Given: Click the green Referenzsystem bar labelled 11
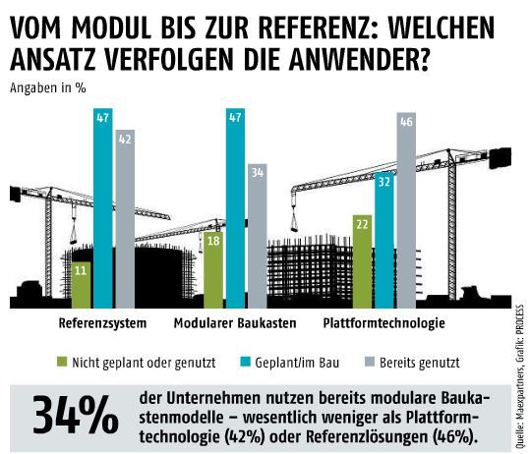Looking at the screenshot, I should tap(81, 284).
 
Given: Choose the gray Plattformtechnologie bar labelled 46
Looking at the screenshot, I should tap(405, 210).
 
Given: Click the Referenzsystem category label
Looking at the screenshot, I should tap(103, 322).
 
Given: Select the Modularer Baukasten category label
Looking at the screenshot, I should tap(237, 322).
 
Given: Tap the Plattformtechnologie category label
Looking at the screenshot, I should tap(384, 322).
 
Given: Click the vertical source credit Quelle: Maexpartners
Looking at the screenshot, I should tap(517, 378).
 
